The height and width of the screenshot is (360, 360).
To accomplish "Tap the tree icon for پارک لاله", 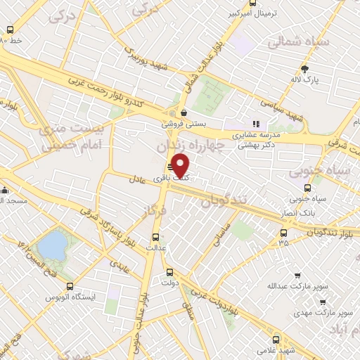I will pos(304,69).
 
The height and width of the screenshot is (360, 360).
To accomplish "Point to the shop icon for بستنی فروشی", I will pos(184,112).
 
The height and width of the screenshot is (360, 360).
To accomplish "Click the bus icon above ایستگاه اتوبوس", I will pos(70,286).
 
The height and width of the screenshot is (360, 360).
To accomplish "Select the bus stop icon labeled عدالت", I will pos(155,237).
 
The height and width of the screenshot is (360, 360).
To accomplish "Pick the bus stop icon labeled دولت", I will pos(169,273).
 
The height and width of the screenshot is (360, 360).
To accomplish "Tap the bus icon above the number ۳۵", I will pos(284,233).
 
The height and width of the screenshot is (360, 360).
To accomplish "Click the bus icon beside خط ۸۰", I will pos(11,30).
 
